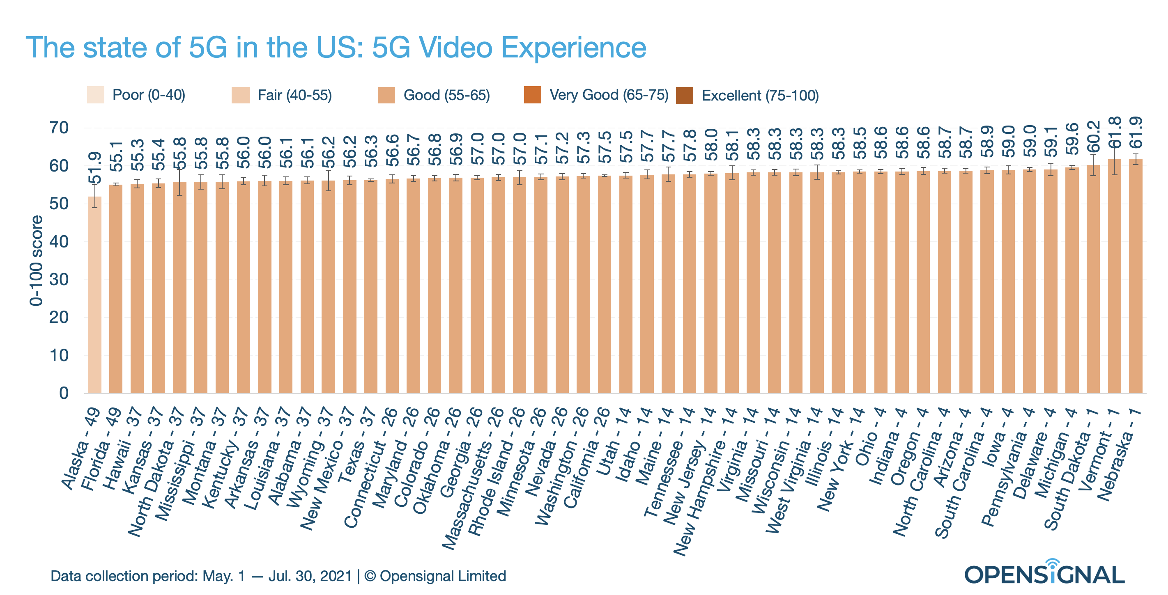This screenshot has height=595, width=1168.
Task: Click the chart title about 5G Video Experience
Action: click(x=336, y=48)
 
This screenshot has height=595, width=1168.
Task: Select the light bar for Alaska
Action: click(x=94, y=295)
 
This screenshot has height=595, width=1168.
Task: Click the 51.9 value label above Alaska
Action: click(x=94, y=168)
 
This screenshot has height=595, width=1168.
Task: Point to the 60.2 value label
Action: click(x=1093, y=137)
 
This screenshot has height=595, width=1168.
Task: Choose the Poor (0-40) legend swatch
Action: click(x=96, y=95)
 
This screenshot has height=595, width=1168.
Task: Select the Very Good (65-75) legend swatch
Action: click(x=532, y=95)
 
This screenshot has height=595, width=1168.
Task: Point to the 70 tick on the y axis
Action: click(x=59, y=128)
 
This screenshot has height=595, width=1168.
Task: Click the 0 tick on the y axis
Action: click(x=64, y=393)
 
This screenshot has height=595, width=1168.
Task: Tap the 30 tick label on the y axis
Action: click(x=59, y=279)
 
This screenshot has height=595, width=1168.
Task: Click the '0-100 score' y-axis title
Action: click(x=36, y=261)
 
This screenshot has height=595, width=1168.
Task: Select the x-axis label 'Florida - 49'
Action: click(x=101, y=449)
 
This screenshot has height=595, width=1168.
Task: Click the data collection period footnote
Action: click(x=278, y=576)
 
